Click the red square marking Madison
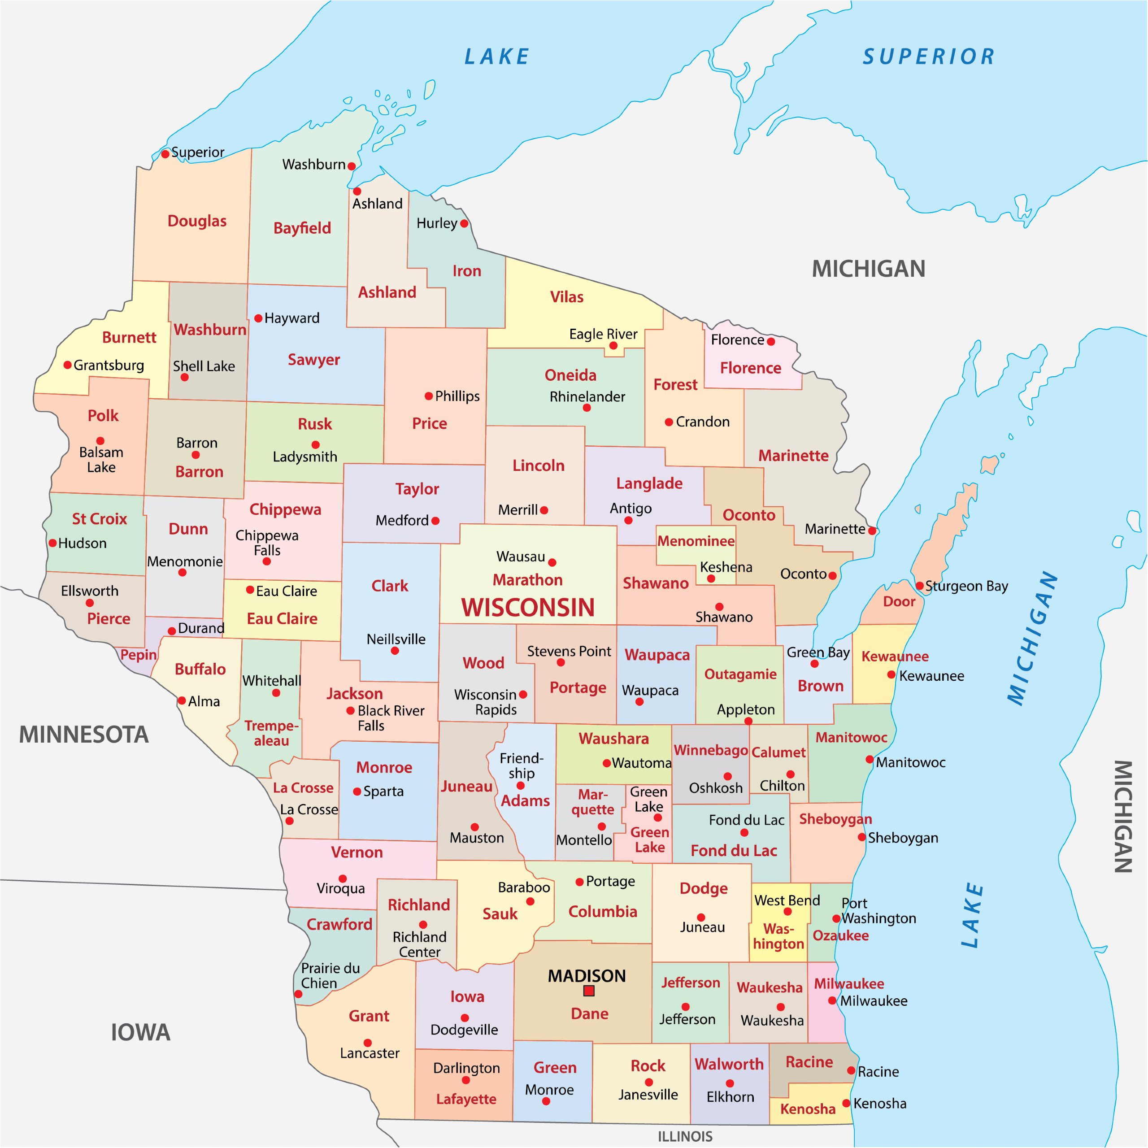(x=589, y=991)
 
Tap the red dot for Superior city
(x=165, y=154)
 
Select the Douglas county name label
(x=197, y=221)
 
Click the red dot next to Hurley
(x=464, y=223)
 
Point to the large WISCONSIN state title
(x=528, y=607)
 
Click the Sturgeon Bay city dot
(x=919, y=586)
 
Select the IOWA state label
(x=140, y=1032)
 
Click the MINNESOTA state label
(x=84, y=735)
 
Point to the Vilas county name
(x=566, y=297)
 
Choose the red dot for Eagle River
(x=613, y=345)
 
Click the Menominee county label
(x=696, y=541)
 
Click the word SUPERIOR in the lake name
(x=929, y=57)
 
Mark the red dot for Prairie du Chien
(x=298, y=993)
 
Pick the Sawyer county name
(x=314, y=360)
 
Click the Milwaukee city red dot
(x=832, y=1000)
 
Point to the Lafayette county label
(x=466, y=1099)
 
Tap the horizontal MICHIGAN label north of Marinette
(x=868, y=269)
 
